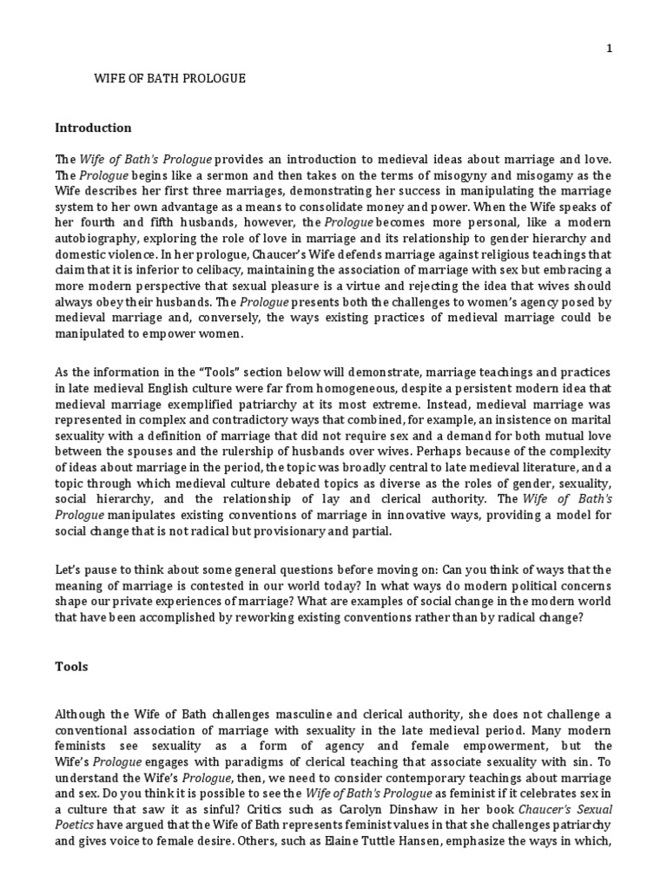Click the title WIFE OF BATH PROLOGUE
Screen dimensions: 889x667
click(x=169, y=79)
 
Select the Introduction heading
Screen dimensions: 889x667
click(x=93, y=128)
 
